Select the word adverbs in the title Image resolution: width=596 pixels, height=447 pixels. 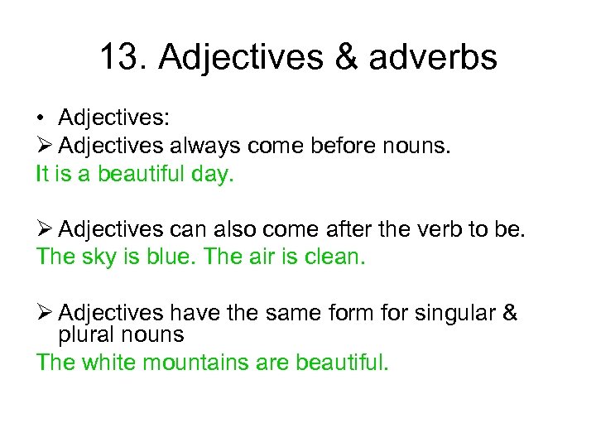[x=434, y=58]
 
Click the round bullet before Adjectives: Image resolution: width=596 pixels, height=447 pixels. [x=40, y=118]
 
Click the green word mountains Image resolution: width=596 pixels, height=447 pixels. [x=205, y=363]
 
